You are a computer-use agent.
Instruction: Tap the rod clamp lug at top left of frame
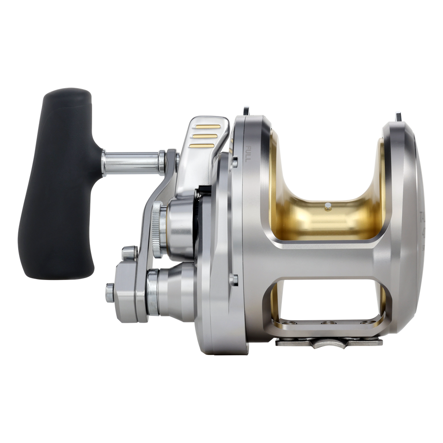point(245,110)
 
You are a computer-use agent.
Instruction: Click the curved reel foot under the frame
point(328,343)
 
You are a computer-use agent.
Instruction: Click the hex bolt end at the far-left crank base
point(109,293)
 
